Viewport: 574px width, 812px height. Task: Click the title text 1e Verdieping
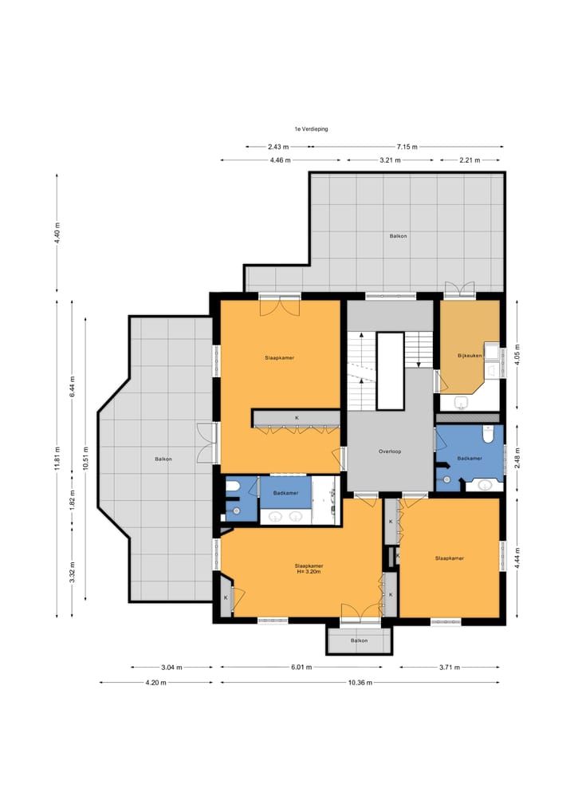[311, 129]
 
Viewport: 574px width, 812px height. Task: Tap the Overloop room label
[390, 451]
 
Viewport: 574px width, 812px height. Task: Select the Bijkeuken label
[470, 356]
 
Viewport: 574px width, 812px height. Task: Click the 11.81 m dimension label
[57, 459]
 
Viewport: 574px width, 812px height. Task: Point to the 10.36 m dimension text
[360, 683]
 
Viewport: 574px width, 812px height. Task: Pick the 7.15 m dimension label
[407, 147]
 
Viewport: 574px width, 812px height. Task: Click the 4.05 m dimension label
[517, 355]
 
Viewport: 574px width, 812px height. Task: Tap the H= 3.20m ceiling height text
[309, 572]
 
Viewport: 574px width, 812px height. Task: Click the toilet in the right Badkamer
[488, 434]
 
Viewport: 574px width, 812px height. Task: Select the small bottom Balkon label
[360, 641]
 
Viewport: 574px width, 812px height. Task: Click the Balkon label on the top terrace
[398, 236]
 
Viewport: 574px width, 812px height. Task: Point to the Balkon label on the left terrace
[163, 459]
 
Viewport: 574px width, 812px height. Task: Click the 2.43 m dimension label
[278, 147]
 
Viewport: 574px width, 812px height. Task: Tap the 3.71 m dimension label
[450, 668]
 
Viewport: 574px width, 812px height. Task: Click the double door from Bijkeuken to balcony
[460, 289]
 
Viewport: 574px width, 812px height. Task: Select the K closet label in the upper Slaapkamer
[297, 417]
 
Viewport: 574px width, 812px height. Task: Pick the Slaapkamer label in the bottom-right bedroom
[450, 558]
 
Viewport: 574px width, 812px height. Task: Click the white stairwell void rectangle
[391, 372]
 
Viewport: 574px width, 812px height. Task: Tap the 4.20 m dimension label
[155, 683]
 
